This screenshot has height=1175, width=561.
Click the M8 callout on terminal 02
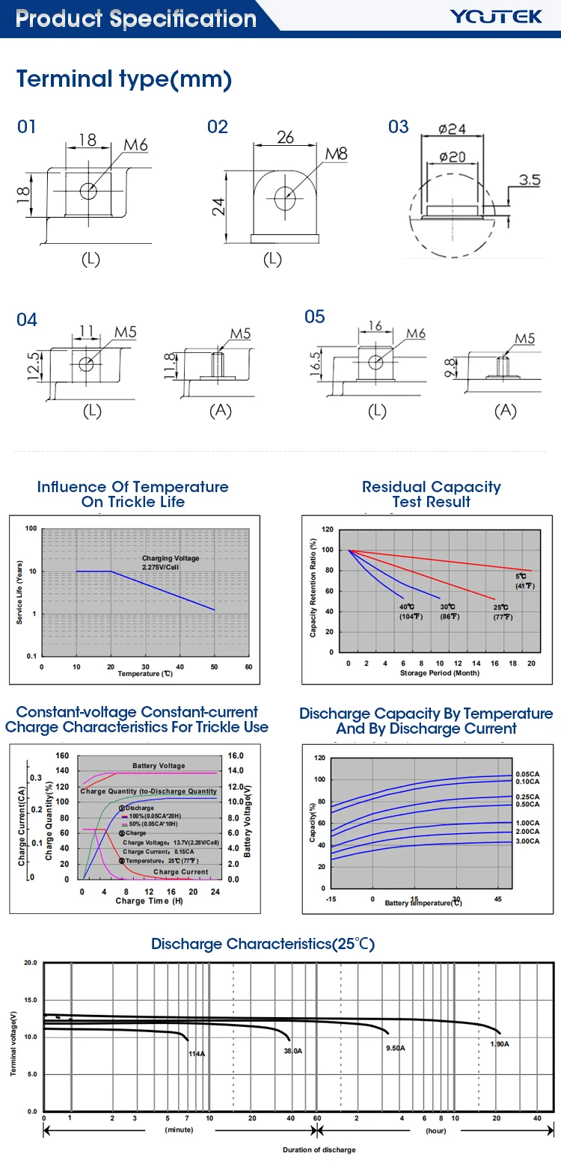(x=336, y=154)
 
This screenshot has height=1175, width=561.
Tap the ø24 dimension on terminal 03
(x=452, y=129)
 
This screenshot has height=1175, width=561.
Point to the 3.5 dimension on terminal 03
(x=529, y=180)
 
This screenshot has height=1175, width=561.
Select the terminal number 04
(x=27, y=320)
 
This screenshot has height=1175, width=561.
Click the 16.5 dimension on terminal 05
(x=316, y=364)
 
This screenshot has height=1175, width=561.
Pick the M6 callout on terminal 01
(x=135, y=145)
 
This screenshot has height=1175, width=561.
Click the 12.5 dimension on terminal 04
(x=33, y=366)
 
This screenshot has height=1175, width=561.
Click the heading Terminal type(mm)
(x=124, y=79)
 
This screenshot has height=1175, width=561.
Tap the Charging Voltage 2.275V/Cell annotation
(x=171, y=562)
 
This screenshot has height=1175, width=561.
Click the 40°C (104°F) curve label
(x=410, y=612)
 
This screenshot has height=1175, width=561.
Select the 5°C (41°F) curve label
(x=524, y=581)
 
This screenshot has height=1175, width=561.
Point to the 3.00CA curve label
(x=527, y=841)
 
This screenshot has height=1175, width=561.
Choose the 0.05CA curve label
(x=527, y=774)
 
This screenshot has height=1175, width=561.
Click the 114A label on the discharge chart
(x=197, y=1054)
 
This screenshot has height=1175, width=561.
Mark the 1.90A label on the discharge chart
(x=500, y=1044)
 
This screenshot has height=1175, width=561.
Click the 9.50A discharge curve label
(x=396, y=1048)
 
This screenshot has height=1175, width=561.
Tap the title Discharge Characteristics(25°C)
(x=263, y=944)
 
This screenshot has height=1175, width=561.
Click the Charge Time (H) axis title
(x=149, y=901)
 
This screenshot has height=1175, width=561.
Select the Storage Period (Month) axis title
(x=439, y=673)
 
